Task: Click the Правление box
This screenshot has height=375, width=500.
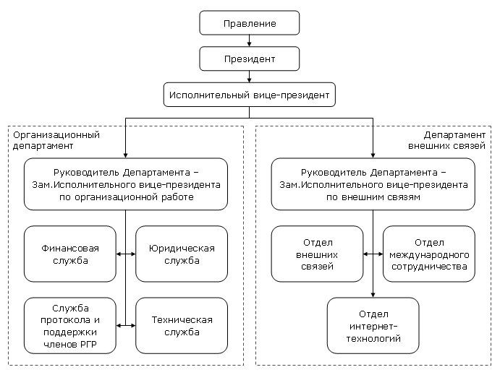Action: coord(249,24)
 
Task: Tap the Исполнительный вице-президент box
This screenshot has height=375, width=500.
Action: coord(249,95)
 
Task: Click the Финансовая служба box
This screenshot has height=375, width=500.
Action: coord(70,254)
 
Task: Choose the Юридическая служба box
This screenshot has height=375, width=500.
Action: coord(182,254)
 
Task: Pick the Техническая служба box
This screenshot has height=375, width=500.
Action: coord(182,325)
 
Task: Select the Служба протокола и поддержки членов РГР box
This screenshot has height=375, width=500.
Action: coord(70,325)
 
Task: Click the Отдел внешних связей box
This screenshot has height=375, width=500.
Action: coord(317,254)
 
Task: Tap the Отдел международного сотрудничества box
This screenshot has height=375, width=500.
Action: coord(429,254)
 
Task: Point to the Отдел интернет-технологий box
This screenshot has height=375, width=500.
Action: coord(373,325)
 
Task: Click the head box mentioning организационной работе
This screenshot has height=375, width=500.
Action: coord(126,185)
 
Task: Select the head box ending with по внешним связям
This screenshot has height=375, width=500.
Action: coord(373,185)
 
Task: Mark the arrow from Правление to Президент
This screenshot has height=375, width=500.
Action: coord(249,41)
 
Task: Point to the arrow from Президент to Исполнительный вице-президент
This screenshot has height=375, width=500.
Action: coord(249,77)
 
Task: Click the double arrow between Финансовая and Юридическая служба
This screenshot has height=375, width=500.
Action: coord(126,254)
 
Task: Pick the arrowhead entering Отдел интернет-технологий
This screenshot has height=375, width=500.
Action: coord(373,294)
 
